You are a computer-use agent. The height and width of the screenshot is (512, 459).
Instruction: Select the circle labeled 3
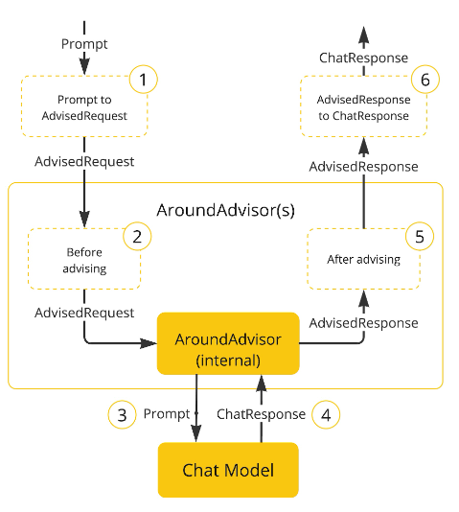(x=121, y=414)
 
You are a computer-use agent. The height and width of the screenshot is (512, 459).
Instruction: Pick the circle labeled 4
(x=326, y=414)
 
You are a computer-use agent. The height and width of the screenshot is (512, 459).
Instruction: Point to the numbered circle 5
(x=418, y=237)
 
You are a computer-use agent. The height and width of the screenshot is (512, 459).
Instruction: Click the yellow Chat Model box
(x=228, y=470)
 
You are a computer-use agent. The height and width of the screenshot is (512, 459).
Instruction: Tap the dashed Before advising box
(x=84, y=260)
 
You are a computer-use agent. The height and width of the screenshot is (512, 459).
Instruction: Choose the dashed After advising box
(x=362, y=260)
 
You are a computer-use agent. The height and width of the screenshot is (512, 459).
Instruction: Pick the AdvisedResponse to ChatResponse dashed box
(x=363, y=107)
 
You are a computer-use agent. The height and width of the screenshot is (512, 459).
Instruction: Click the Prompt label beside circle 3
(x=167, y=414)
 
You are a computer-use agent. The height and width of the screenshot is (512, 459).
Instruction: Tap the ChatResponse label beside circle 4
(x=262, y=414)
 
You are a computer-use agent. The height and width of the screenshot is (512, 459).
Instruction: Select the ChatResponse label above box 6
(x=363, y=58)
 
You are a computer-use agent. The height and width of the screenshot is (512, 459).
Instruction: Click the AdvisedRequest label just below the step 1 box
(x=84, y=161)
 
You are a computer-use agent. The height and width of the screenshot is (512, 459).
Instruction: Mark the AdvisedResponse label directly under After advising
(x=363, y=322)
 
